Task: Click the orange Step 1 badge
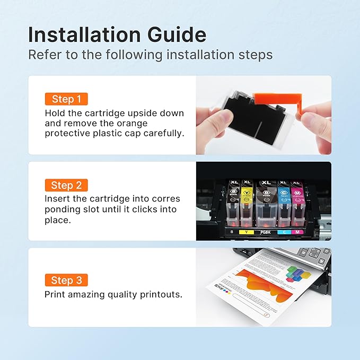(66, 99)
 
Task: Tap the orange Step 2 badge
(66, 185)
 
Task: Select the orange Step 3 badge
(66, 280)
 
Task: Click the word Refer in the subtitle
(42, 55)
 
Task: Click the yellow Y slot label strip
(247, 231)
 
